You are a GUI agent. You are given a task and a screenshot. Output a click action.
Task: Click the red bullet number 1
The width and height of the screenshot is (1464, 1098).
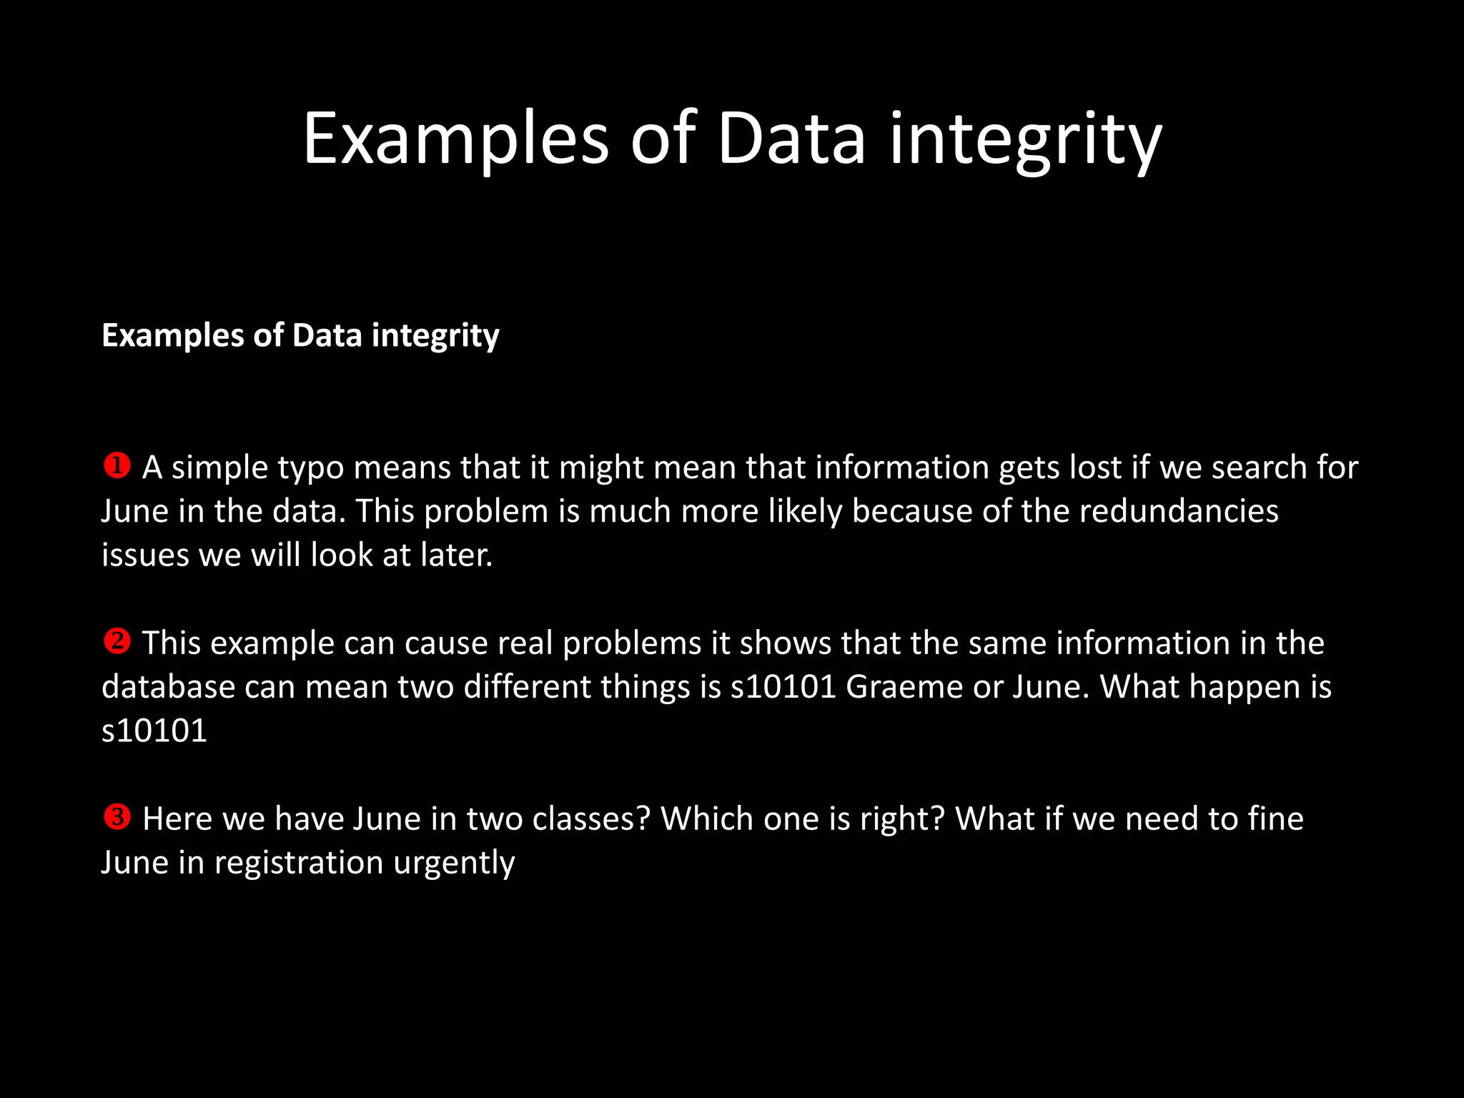coord(117,466)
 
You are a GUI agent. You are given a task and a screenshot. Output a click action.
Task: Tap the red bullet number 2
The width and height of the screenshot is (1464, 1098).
coord(117,641)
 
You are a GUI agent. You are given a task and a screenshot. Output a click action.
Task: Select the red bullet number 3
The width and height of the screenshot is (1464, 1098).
coord(117,817)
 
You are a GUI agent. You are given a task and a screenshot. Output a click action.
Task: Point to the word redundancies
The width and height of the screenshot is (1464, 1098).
coord(1178,512)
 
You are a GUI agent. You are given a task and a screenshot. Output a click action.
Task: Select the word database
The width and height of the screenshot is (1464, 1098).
coord(168,688)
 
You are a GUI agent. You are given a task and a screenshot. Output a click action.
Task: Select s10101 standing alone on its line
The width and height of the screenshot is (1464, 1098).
coord(154,731)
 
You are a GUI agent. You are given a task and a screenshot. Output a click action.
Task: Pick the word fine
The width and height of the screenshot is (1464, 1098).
coord(1275,819)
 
